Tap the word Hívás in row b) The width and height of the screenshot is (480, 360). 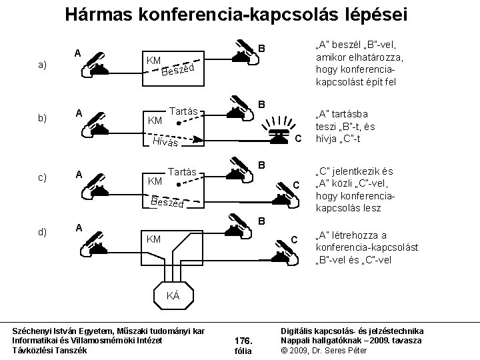tap(165, 142)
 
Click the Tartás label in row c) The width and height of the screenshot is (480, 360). tap(183, 171)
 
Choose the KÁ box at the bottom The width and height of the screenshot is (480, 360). tap(173, 295)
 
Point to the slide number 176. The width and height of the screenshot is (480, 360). tap(242, 339)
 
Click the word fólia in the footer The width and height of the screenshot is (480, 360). tap(242, 351)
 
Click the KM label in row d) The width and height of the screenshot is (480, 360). tap(153, 238)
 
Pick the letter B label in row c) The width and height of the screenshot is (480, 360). tap(262, 165)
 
